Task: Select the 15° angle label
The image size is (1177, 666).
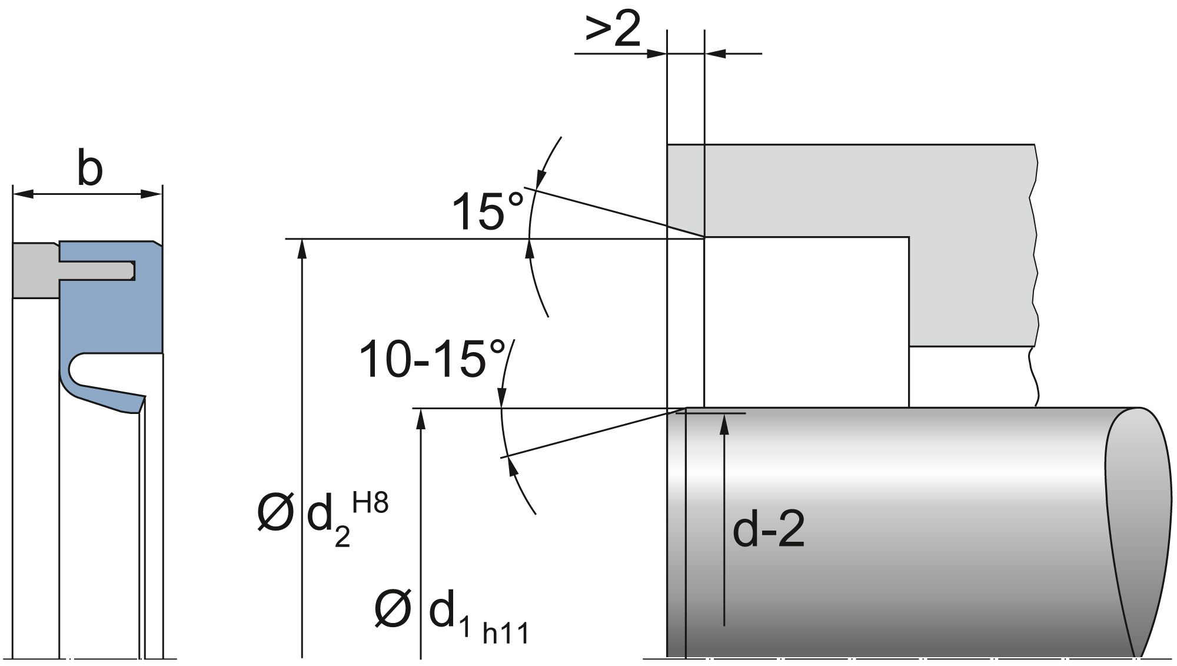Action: coord(487,211)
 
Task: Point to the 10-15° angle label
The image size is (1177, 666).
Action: coord(432,359)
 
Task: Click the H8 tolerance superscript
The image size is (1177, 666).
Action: coord(370,504)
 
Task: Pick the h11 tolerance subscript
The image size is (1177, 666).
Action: coord(506,634)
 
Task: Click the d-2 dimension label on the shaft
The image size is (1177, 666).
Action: coord(769,529)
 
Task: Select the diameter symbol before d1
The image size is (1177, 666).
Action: coord(393,609)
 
